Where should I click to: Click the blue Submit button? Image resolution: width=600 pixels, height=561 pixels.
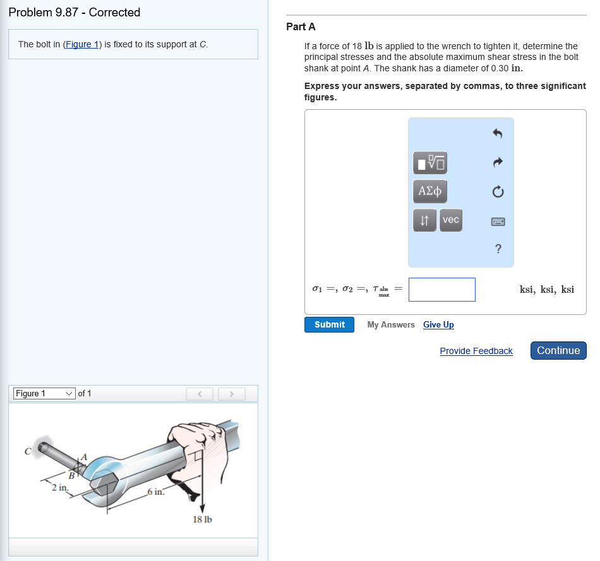[329, 324]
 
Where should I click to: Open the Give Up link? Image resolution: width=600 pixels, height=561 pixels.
[438, 324]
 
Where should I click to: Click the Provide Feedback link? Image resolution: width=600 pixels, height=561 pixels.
[476, 351]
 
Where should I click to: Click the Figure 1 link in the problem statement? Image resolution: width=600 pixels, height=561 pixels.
[82, 44]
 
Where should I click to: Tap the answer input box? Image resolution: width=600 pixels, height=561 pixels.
[442, 290]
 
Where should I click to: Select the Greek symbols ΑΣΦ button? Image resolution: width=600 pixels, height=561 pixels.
[429, 191]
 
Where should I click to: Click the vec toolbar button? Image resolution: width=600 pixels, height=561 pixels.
[451, 220]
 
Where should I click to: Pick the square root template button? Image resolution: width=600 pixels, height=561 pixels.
[429, 163]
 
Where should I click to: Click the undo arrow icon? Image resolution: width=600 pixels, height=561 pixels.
[498, 133]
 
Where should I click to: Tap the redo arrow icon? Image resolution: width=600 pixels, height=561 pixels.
[498, 163]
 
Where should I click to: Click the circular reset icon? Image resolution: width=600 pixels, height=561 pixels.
[498, 191]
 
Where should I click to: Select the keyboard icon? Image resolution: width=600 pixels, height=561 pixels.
[498, 221]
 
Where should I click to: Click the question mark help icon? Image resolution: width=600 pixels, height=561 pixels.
[498, 249]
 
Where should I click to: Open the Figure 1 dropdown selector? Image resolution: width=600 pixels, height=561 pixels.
[44, 394]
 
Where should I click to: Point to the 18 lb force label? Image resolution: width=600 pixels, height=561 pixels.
[203, 519]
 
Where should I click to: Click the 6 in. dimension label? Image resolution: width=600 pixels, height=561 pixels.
[156, 492]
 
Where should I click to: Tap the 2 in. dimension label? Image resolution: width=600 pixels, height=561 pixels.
[60, 488]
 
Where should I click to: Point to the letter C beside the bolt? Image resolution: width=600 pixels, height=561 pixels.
[28, 451]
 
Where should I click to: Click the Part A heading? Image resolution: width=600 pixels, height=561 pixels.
[301, 27]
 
